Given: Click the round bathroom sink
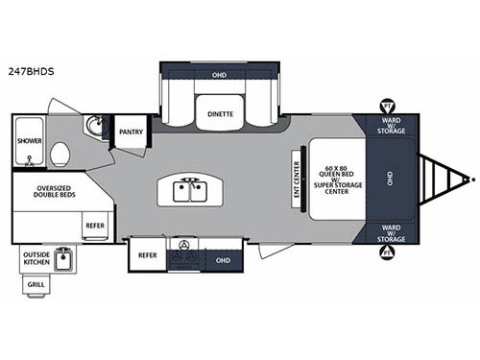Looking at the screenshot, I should coord(95,127).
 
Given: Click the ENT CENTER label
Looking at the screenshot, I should coord(297,178).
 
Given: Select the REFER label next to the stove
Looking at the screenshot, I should coord(147,255).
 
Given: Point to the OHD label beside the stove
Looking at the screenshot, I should coord(222,259).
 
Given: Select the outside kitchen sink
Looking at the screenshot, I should coord(64,259).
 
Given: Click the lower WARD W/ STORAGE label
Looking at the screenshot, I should coord(392,231).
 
